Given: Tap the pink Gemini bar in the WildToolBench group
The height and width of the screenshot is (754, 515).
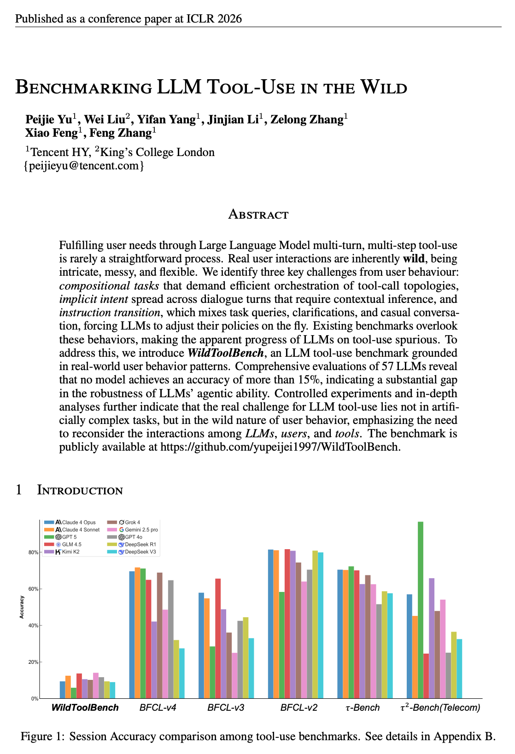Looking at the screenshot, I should point(96,685).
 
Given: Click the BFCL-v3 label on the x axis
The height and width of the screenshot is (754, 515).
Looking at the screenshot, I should point(226,708).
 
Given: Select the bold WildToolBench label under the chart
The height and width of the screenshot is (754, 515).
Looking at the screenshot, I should point(85,708).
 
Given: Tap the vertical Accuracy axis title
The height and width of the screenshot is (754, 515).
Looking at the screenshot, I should point(22,607).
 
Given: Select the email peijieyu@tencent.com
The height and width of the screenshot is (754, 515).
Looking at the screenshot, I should point(84,166).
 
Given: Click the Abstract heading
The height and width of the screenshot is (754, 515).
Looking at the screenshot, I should point(258,215).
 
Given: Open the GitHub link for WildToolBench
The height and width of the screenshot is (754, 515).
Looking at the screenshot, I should point(279,447).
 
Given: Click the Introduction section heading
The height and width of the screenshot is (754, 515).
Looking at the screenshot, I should point(80,490).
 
